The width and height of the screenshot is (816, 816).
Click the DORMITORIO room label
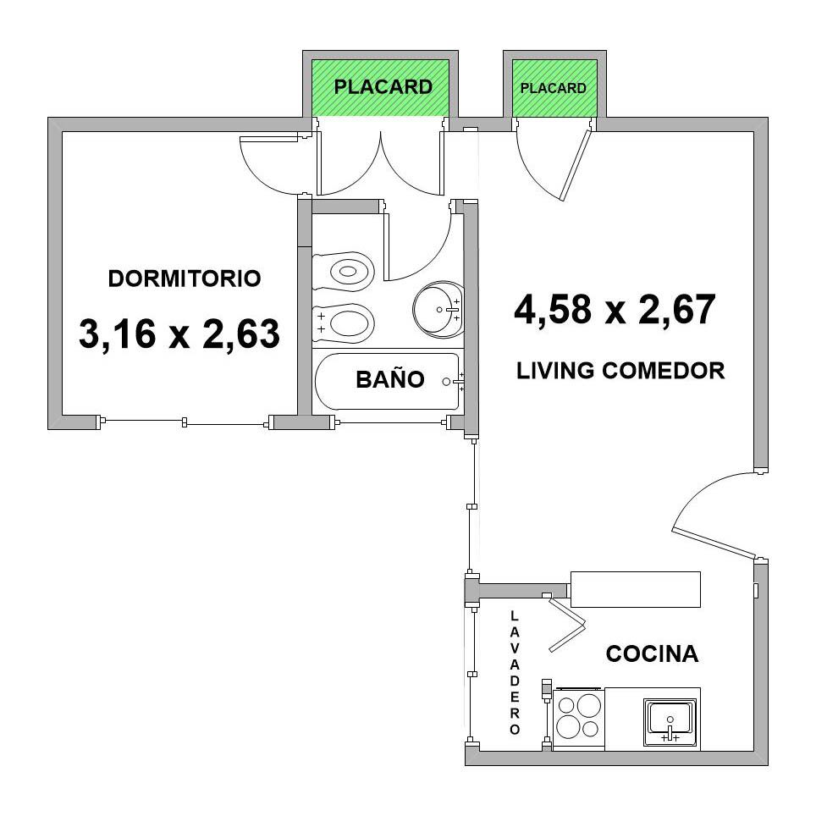[185, 278]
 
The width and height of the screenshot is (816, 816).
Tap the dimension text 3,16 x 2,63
[179, 334]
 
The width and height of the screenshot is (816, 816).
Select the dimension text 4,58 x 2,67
[615, 309]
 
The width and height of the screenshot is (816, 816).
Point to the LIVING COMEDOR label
[620, 371]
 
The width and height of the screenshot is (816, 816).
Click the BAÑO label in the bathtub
[389, 379]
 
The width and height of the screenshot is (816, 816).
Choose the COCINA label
[652, 653]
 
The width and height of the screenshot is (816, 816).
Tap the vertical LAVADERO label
[515, 673]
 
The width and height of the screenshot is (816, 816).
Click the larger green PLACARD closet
[380, 87]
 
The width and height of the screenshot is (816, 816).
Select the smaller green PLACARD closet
[554, 88]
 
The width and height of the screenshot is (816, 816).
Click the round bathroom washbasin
[438, 309]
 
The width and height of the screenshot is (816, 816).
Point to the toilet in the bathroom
[344, 271]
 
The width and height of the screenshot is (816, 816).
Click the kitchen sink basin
[670, 722]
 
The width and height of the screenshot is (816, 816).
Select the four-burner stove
[579, 720]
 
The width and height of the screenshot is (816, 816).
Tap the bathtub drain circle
[446, 382]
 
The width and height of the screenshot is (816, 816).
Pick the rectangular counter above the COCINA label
[636, 589]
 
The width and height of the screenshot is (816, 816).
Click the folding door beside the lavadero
[567, 624]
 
